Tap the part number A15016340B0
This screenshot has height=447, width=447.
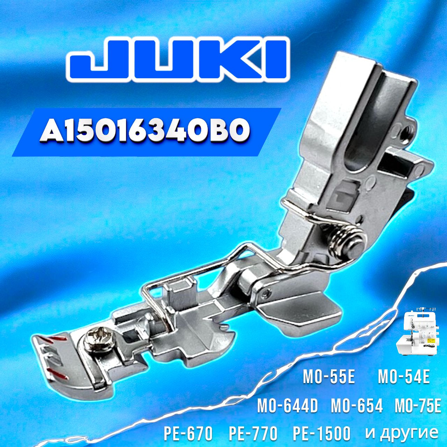pyautogui.click(x=144, y=132)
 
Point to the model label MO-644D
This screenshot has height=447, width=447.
pyautogui.click(x=287, y=406)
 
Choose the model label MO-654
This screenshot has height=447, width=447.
pyautogui.click(x=357, y=406)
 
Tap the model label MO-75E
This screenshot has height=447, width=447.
pyautogui.click(x=418, y=406)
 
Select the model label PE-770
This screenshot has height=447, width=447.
pyautogui.click(x=253, y=433)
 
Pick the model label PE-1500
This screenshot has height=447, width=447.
pyautogui.click(x=321, y=433)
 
